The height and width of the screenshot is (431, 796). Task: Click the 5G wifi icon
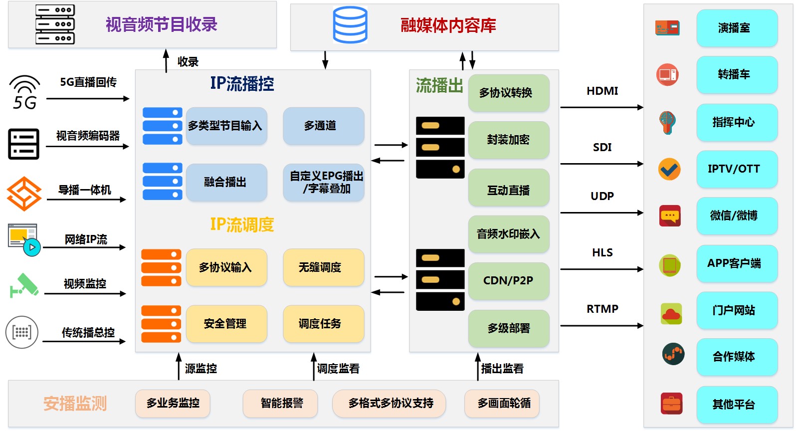click(x=24, y=92)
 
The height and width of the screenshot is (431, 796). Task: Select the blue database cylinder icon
click(x=350, y=25)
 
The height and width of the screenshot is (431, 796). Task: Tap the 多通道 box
click(x=324, y=126)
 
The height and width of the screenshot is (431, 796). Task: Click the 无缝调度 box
click(x=324, y=267)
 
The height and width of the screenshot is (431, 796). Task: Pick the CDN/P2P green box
click(x=509, y=281)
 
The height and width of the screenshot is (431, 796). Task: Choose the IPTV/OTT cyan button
click(x=737, y=169)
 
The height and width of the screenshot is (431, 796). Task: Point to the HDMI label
click(x=602, y=91)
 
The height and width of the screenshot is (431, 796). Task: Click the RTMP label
click(x=602, y=309)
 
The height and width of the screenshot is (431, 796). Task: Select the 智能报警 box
click(x=280, y=403)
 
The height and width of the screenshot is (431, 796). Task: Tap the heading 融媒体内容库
click(x=448, y=25)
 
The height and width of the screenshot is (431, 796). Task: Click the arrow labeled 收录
click(x=166, y=61)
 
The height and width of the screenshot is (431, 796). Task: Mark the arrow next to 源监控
click(x=179, y=366)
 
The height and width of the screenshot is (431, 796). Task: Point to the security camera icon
click(x=24, y=285)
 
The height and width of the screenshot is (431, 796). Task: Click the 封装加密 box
click(x=509, y=140)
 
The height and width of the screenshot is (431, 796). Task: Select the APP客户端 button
click(x=737, y=263)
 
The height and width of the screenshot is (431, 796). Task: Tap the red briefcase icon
click(x=671, y=404)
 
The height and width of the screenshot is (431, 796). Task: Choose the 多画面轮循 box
click(x=502, y=403)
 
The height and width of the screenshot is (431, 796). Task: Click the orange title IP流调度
click(x=242, y=224)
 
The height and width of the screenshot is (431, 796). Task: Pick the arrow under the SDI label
click(x=602, y=164)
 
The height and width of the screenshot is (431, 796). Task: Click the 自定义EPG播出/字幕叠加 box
click(x=324, y=182)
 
